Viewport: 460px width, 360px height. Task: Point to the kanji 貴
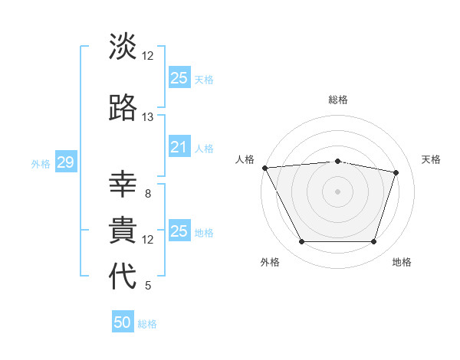click(x=123, y=231)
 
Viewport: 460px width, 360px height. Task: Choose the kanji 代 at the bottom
click(x=123, y=277)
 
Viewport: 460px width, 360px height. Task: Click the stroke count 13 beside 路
click(x=148, y=117)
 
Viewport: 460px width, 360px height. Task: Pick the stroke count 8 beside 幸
click(x=148, y=194)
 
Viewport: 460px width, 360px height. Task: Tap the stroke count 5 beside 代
click(x=148, y=286)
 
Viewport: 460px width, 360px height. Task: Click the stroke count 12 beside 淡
click(x=148, y=56)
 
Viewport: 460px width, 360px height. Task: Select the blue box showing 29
click(x=65, y=162)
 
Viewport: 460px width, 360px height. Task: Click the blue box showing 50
click(x=123, y=322)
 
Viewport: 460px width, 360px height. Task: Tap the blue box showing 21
click(x=179, y=147)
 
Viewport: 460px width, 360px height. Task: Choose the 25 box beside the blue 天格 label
click(x=179, y=78)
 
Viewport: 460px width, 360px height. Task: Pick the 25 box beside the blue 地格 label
click(x=179, y=231)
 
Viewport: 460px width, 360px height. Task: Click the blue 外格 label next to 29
click(x=41, y=163)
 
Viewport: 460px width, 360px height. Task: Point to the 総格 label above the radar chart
click(x=337, y=100)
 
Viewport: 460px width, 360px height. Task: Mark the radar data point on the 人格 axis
click(x=264, y=168)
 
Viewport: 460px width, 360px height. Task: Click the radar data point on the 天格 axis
click(x=396, y=172)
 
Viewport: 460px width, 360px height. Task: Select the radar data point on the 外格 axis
click(x=301, y=242)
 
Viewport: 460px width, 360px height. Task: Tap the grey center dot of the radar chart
click(x=337, y=191)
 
